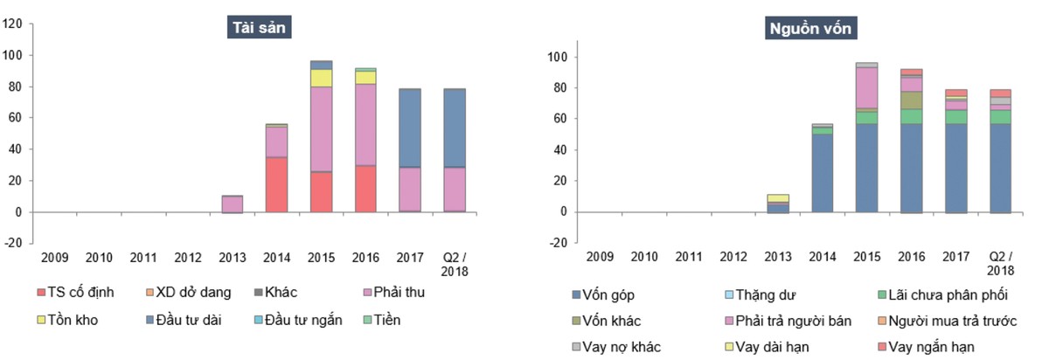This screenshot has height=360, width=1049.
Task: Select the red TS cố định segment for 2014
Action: coord(277,184)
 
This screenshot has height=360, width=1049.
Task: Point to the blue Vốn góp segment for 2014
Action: coord(822,173)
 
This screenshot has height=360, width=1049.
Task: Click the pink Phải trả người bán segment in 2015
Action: coord(866,88)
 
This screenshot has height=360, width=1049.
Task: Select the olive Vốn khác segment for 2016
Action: coord(911,100)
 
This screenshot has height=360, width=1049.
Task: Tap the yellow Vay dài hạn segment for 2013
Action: coord(777,198)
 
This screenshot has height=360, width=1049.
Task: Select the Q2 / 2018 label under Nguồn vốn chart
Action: coord(1000,264)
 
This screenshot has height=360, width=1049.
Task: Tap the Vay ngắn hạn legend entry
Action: coord(933,347)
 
